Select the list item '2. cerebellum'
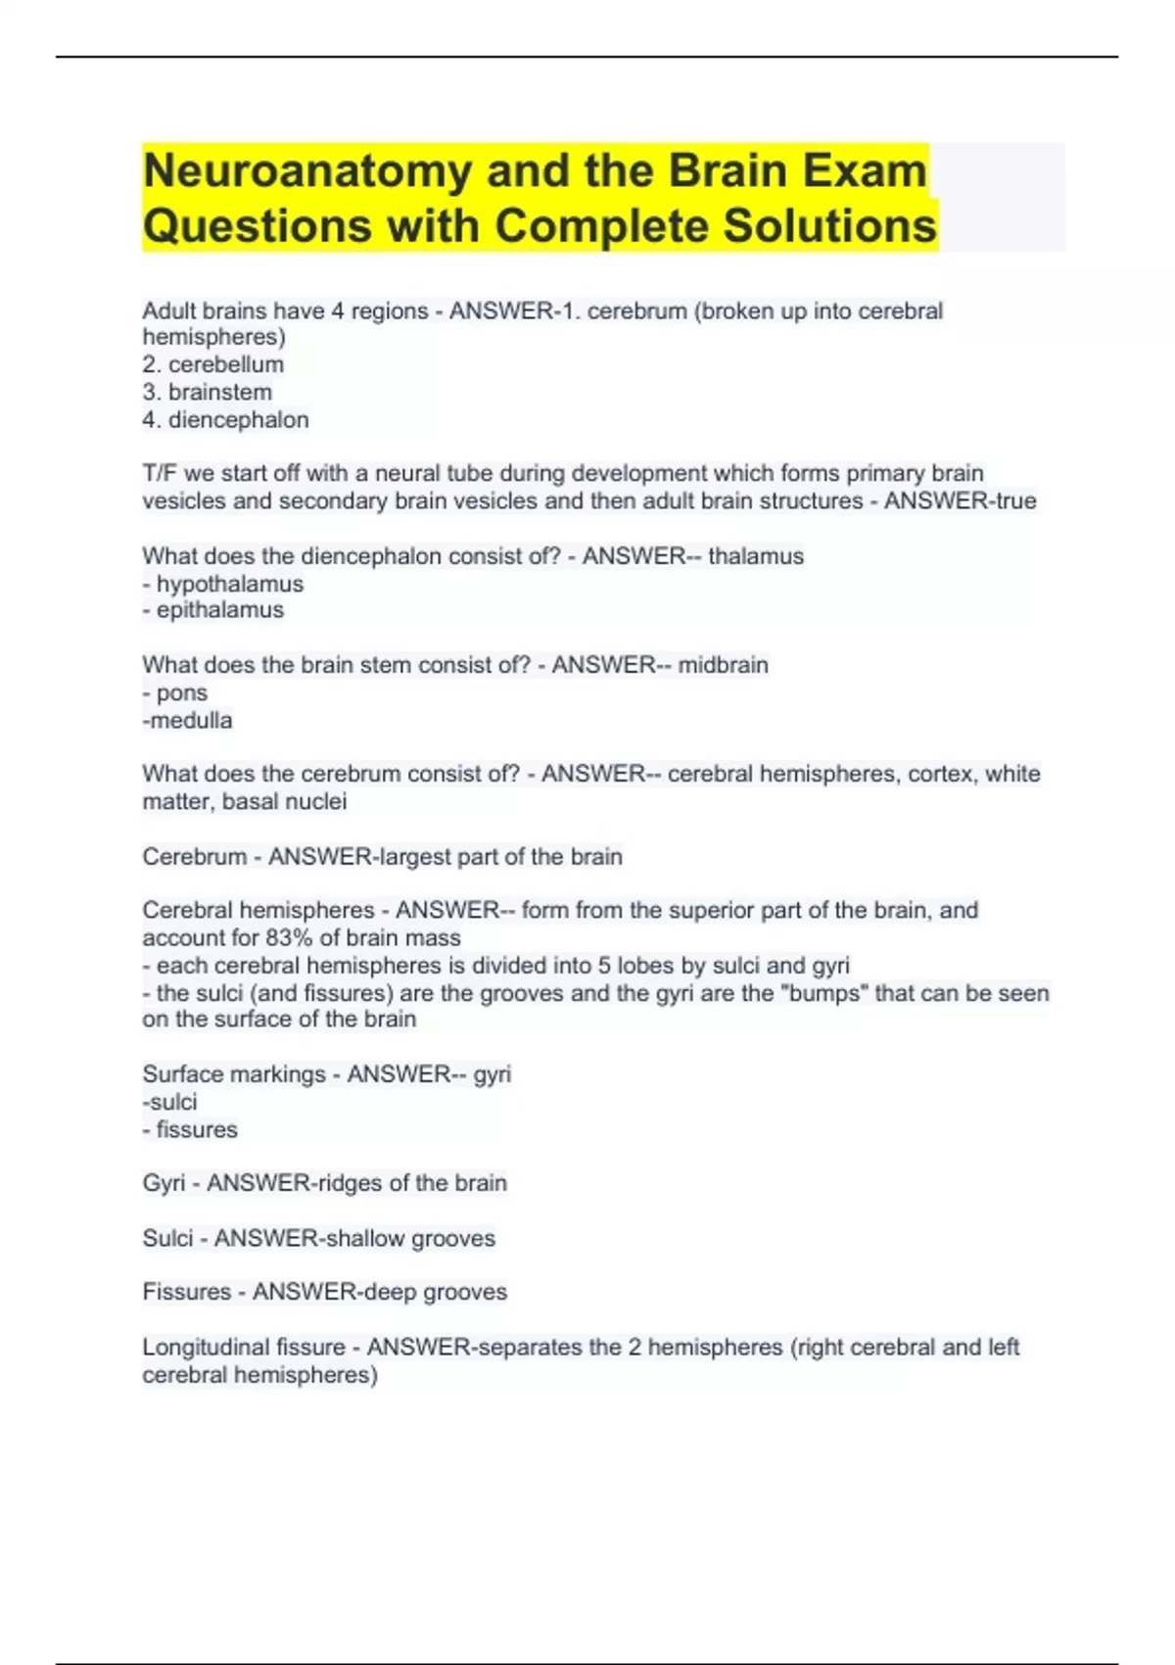click(212, 364)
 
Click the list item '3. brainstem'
click(207, 392)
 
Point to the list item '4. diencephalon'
click(225, 420)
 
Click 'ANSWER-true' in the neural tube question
click(960, 501)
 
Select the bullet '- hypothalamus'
click(223, 584)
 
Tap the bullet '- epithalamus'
click(213, 610)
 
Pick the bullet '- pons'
click(175, 692)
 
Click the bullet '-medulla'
click(187, 721)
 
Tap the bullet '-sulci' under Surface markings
click(169, 1102)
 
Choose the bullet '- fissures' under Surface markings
click(190, 1129)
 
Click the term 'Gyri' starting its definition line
click(163, 1183)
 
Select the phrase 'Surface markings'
click(233, 1074)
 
